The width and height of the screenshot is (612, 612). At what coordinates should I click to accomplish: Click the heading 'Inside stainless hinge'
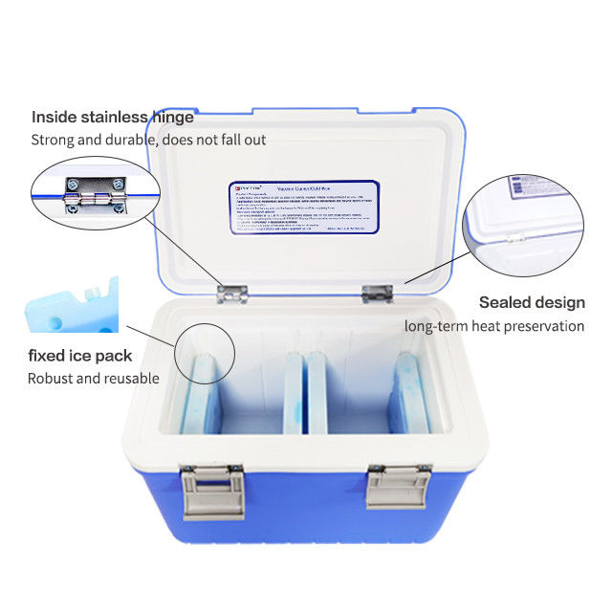click(113, 118)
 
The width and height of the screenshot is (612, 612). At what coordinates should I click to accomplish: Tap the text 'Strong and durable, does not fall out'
click(148, 140)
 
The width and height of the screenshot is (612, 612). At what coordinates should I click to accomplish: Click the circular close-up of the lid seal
click(523, 220)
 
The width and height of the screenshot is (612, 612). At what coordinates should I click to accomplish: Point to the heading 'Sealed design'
click(532, 302)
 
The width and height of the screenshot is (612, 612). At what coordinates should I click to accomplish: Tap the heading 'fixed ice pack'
click(79, 356)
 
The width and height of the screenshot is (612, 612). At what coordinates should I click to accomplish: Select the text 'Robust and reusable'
click(93, 378)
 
